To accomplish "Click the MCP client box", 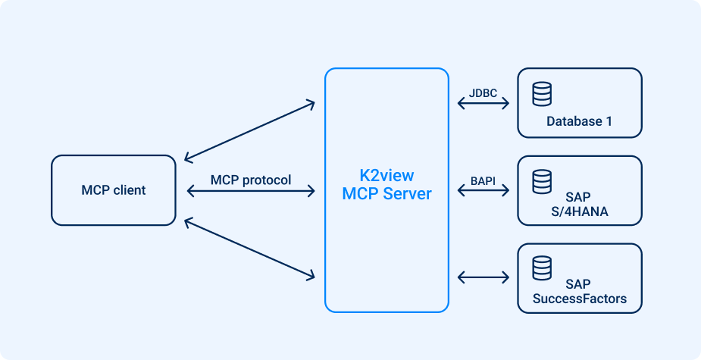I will [114, 190].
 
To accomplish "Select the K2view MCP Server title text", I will [386, 185].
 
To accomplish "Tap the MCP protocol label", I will [251, 180].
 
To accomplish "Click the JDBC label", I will [484, 93].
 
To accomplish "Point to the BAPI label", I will [484, 180].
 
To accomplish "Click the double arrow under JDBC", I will [484, 105].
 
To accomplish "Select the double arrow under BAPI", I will [484, 192].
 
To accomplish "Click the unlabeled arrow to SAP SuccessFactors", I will [484, 277].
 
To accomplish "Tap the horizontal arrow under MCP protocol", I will [250, 192].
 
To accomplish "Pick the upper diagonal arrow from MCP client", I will [250, 130].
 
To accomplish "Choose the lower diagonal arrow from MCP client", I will [250, 249].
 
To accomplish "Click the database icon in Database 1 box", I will [542, 94].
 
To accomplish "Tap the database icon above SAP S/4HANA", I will [542, 181].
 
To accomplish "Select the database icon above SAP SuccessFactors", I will [542, 268].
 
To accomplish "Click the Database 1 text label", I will [579, 121].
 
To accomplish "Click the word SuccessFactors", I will [580, 299].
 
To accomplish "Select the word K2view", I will [386, 176].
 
